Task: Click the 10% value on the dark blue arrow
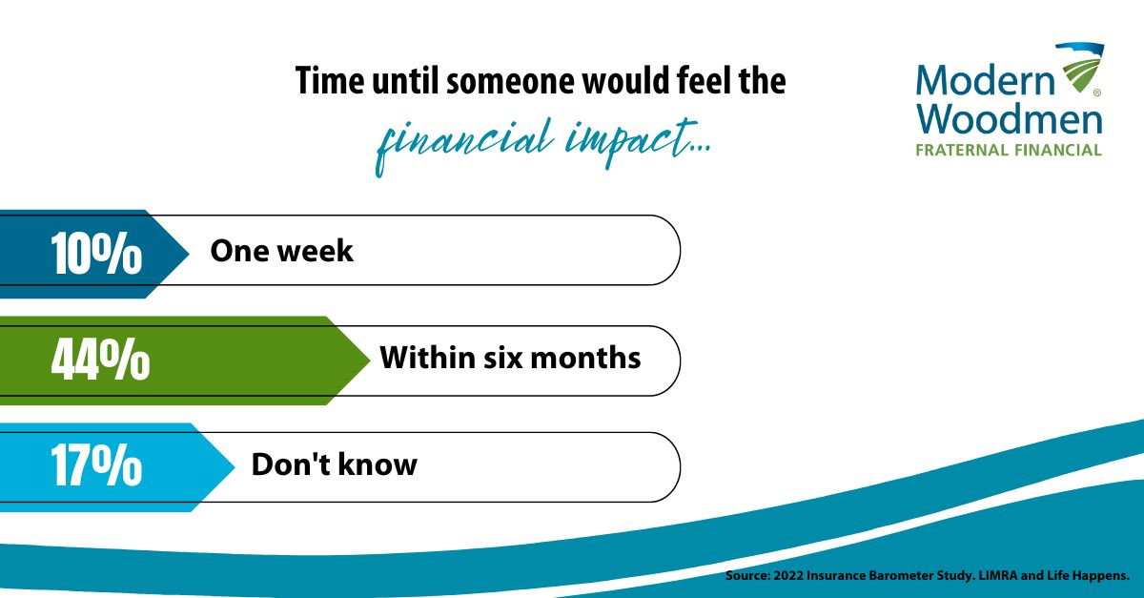pos(96,253)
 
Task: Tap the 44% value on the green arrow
pos(101,360)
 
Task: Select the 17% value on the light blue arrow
pos(96,465)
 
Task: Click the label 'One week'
pos(281,251)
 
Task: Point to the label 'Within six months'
pos(510,358)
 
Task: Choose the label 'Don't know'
pos(334,464)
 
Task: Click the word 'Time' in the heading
pos(330,81)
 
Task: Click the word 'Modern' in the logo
pos(985,80)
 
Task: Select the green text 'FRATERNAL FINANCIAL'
pos(1009,151)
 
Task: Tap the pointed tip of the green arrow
pos(369,361)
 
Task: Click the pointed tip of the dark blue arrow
pos(189,254)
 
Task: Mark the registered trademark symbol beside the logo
pos(1097,93)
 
